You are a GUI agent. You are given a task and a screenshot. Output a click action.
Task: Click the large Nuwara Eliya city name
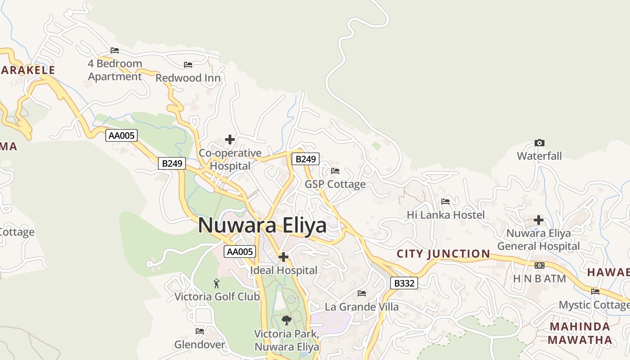pos(262,225)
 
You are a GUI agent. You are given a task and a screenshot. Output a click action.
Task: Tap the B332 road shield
pos(404,283)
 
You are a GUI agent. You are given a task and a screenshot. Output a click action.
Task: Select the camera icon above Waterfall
pos(539,143)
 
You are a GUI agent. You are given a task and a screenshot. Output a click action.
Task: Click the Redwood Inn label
pos(188,78)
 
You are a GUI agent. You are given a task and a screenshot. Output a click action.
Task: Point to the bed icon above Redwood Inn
pos(188,65)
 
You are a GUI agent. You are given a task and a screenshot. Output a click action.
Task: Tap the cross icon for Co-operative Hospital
pos(230,139)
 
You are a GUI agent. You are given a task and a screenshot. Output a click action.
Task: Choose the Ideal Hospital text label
pos(283,270)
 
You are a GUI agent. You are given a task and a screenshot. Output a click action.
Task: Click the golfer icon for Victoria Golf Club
pos(216,283)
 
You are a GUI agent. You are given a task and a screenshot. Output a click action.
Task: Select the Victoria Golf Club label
pos(217,297)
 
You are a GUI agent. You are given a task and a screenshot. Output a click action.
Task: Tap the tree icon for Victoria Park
pos(286,320)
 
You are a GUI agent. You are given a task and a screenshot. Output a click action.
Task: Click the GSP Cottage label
pos(335,184)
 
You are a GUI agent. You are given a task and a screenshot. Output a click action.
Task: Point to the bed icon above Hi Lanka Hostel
pos(445,202)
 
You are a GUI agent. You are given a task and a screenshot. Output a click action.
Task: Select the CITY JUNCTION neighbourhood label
pos(443,254)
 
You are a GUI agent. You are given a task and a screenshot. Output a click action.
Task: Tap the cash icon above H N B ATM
pos(539,265)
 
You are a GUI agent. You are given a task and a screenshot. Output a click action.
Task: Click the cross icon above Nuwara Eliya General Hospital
pos(539,220)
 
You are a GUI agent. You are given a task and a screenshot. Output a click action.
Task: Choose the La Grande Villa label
pos(362,307)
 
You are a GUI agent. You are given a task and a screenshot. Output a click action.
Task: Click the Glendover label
pos(200,345)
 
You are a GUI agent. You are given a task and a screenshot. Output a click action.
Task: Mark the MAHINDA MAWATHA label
pos(580,333)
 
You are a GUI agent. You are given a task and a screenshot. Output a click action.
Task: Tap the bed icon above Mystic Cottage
pos(595,292)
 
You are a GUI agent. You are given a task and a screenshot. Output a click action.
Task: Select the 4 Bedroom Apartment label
pos(115,70)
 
